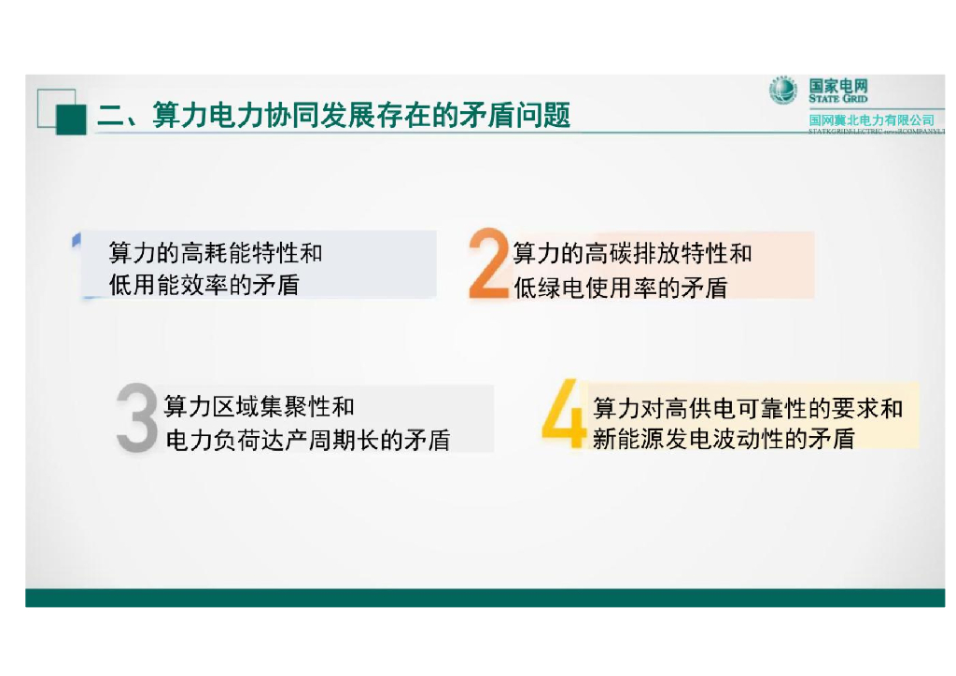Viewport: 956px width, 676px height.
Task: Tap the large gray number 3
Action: [137, 419]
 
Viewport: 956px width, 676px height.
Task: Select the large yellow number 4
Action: [564, 412]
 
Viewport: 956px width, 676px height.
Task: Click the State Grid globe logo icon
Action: [782, 91]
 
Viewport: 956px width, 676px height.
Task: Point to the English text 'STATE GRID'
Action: [837, 99]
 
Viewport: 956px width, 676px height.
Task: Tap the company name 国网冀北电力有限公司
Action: [871, 120]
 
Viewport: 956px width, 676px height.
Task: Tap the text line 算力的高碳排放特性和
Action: [632, 253]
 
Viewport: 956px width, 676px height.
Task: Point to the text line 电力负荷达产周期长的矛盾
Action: [307, 440]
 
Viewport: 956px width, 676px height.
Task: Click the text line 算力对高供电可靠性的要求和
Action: [748, 408]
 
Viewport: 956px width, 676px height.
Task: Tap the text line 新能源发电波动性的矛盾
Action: [724, 439]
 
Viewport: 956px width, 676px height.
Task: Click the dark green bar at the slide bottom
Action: [485, 598]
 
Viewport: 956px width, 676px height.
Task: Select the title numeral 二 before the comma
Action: [110, 117]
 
